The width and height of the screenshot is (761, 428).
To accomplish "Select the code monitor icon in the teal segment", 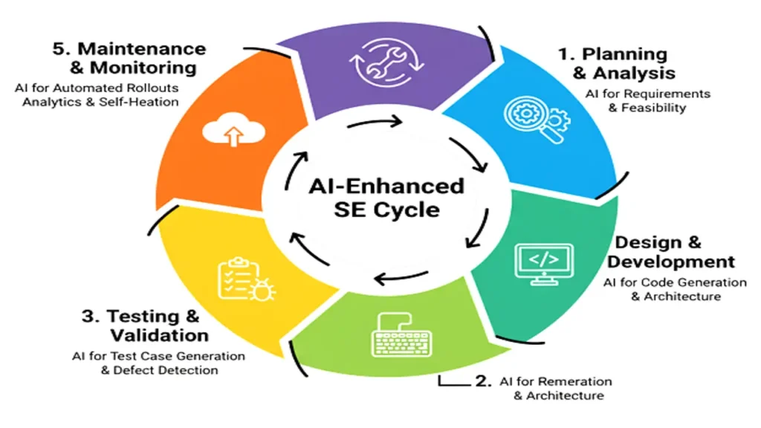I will click(543, 262).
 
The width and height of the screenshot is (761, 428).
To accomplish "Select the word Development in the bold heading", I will click(671, 262).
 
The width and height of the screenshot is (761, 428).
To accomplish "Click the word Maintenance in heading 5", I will click(142, 49).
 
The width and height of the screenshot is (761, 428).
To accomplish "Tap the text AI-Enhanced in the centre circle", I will click(386, 186).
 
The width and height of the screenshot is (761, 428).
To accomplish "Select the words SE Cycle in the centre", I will click(386, 210).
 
